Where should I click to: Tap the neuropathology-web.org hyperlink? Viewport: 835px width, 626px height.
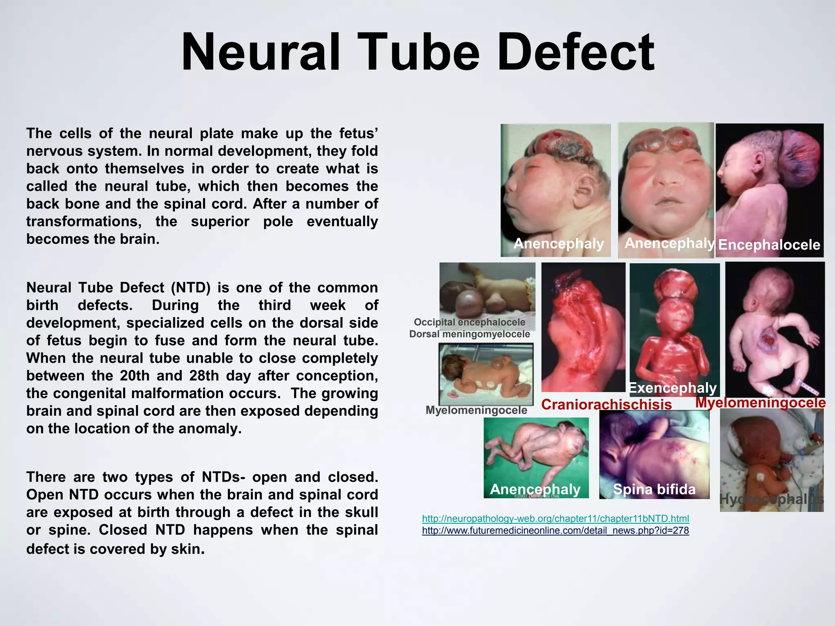pyautogui.click(x=555, y=518)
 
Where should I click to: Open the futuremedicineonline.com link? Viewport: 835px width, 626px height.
pyautogui.click(x=555, y=530)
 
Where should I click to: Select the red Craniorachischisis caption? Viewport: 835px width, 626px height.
pyautogui.click(x=606, y=404)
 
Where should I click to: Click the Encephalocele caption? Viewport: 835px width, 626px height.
pyautogui.click(x=769, y=245)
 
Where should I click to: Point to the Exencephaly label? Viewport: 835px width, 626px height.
pyautogui.click(x=672, y=388)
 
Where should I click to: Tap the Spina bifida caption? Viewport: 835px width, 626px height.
pyautogui.click(x=654, y=489)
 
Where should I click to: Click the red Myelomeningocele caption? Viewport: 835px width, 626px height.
pyautogui.click(x=760, y=402)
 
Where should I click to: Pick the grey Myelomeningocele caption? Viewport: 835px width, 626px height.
pyautogui.click(x=476, y=410)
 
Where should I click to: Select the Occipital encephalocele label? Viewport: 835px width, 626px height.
pyautogui.click(x=469, y=322)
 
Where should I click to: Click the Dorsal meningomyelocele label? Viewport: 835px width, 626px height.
pyautogui.click(x=469, y=334)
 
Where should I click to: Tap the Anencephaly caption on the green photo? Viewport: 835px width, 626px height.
pyautogui.click(x=535, y=489)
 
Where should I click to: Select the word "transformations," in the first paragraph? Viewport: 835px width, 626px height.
pyautogui.click(x=84, y=221)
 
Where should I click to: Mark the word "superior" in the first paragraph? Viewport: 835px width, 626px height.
pyautogui.click(x=220, y=221)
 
